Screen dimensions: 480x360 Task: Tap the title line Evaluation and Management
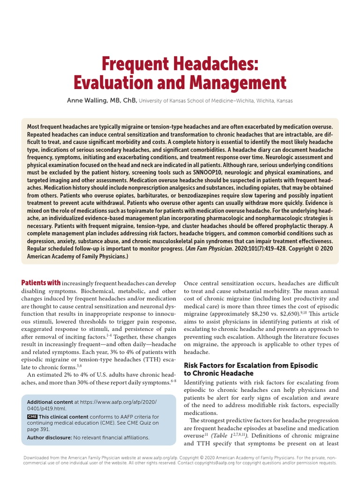click(x=180, y=82)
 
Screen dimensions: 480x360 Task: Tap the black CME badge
click(x=32, y=416)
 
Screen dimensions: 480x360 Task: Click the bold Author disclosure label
click(x=49, y=437)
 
